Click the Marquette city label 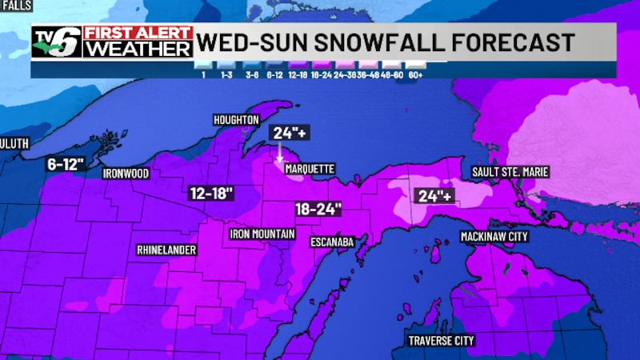click(309, 169)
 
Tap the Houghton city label click(236, 120)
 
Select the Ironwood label click(126, 173)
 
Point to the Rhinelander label click(166, 250)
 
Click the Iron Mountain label click(262, 234)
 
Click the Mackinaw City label click(494, 237)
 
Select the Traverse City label click(441, 341)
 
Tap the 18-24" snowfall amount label click(318, 209)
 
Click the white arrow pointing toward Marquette click(279, 153)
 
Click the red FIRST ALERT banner click(138, 33)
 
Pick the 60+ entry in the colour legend click(415, 74)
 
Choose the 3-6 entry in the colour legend click(252, 74)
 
